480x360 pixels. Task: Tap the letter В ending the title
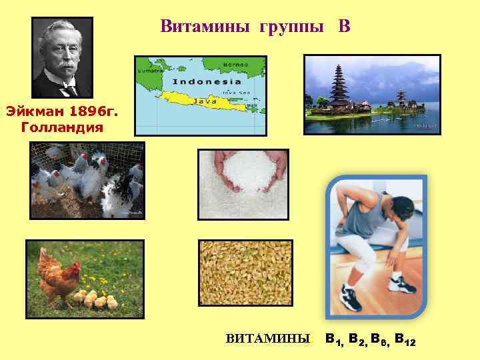click(x=343, y=27)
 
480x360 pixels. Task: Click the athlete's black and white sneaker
click(x=351, y=297)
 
